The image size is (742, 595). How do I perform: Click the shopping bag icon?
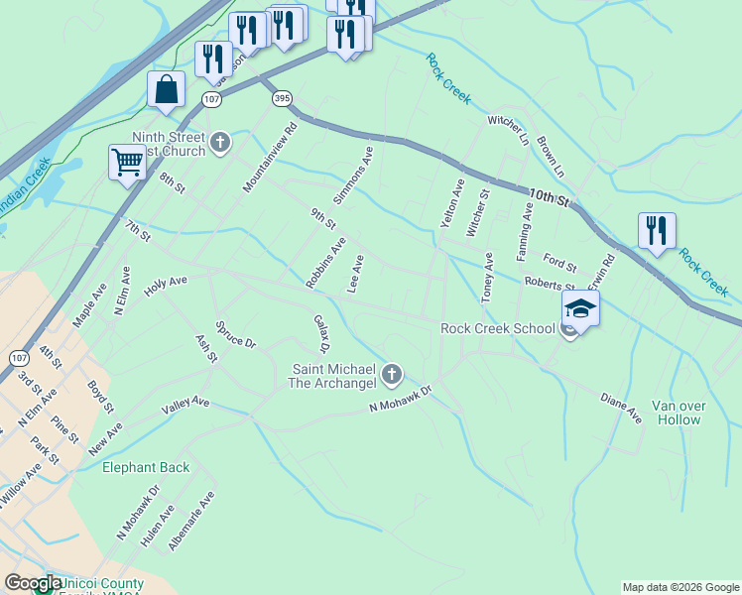coord(166,89)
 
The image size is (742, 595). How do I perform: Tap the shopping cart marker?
coord(127,162)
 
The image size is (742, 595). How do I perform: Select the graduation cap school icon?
coord(580,308)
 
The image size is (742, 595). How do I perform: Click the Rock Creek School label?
coord(498,328)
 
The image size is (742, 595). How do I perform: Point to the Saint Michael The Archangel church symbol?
coord(392,374)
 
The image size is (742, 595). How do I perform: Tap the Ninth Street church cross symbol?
coord(219,143)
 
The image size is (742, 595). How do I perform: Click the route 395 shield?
coord(282,98)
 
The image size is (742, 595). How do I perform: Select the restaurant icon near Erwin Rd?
coord(657,231)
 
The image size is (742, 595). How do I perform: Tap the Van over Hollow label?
coord(677,413)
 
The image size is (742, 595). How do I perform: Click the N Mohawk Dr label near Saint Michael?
coord(402,400)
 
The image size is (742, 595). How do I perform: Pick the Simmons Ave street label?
coord(353,177)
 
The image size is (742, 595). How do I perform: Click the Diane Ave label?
coord(621,408)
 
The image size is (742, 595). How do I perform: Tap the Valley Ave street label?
coord(186,404)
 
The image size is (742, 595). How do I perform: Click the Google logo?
coord(33,584)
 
